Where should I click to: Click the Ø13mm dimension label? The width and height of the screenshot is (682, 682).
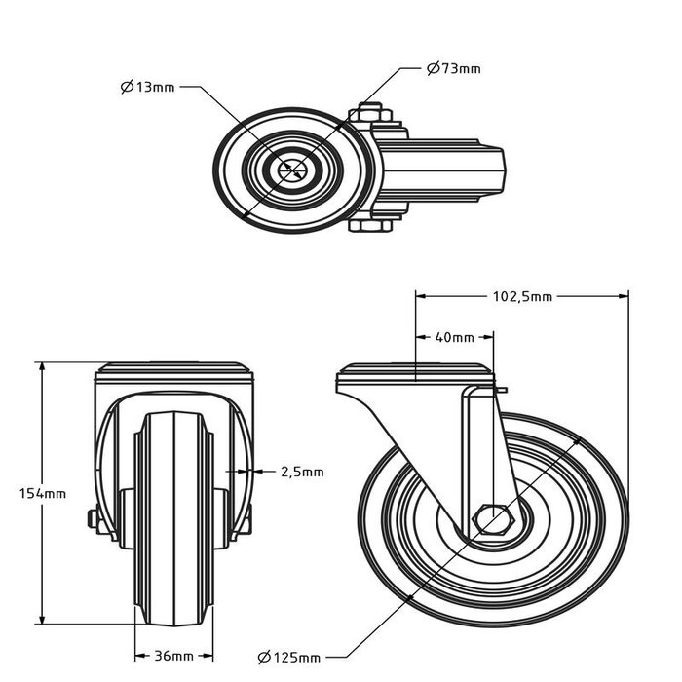[x=148, y=88]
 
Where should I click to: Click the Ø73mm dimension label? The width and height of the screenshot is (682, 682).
[x=454, y=68]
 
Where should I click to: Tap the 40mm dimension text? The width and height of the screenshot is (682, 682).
[x=454, y=338]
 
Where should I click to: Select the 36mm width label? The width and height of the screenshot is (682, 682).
[x=171, y=656]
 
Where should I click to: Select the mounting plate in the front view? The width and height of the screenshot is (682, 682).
[x=174, y=371]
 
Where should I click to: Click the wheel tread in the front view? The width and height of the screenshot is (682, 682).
[x=171, y=516]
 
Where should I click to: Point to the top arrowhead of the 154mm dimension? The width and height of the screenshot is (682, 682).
[x=42, y=366]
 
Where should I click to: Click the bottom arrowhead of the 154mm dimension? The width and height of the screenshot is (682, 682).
[x=42, y=619]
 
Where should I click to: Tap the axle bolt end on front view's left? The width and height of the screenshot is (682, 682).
[x=93, y=520]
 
